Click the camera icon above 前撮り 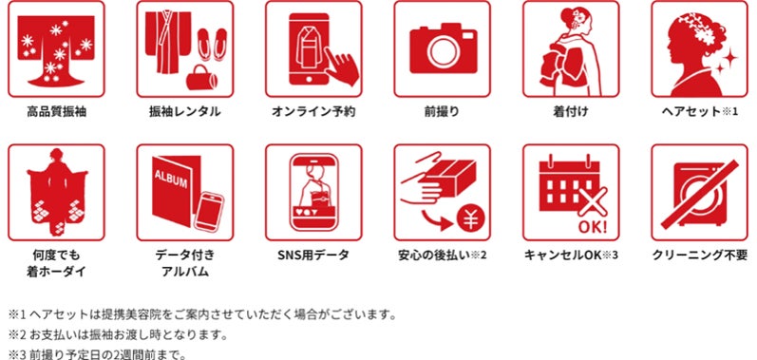444,48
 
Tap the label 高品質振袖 56,112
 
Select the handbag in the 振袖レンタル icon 201,77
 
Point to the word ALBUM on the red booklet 170,179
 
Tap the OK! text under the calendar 592,225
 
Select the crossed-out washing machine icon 699,194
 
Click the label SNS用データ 312,255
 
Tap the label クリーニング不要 700,255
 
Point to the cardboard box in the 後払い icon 449,177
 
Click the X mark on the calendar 593,201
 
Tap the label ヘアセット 691,112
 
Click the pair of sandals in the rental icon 213,44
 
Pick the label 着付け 571,112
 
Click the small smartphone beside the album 209,212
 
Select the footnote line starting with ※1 202,315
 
